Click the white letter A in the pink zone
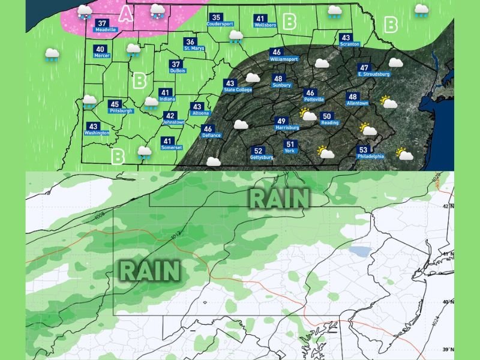click(125, 14)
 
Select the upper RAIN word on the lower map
click(280, 197)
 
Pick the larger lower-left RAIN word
click(150, 271)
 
